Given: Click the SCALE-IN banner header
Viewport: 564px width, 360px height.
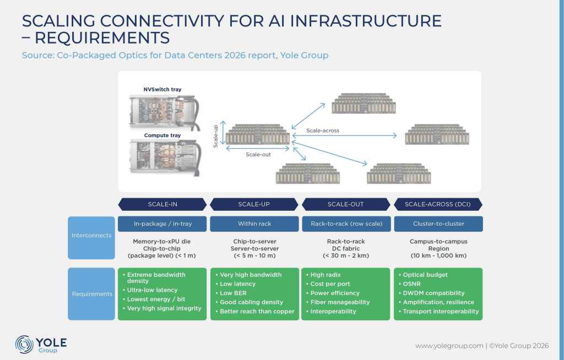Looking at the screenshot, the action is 162,204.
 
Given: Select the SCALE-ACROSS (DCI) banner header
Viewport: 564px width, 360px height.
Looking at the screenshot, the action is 438,204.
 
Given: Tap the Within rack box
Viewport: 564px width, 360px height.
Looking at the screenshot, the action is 254,223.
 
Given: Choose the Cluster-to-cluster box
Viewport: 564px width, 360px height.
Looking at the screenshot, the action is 438,223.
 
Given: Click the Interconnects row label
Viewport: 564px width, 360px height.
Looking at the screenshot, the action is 91,235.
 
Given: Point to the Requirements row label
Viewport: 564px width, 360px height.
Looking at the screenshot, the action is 92,294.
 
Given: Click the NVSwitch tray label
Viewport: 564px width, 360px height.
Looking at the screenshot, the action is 162,89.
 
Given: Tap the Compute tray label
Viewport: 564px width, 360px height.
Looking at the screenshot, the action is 162,135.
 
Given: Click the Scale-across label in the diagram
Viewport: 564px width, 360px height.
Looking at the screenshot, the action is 323,130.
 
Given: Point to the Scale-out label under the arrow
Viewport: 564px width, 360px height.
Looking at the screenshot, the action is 258,154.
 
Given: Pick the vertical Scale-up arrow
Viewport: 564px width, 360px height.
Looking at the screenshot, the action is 223,132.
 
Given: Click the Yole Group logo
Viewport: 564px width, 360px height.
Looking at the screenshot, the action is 41,344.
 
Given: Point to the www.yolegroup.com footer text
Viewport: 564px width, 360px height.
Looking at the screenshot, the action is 449,346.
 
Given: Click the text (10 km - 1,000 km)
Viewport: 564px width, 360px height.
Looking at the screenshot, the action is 438,256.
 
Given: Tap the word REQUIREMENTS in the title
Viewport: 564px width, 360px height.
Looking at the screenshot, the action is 102,38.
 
